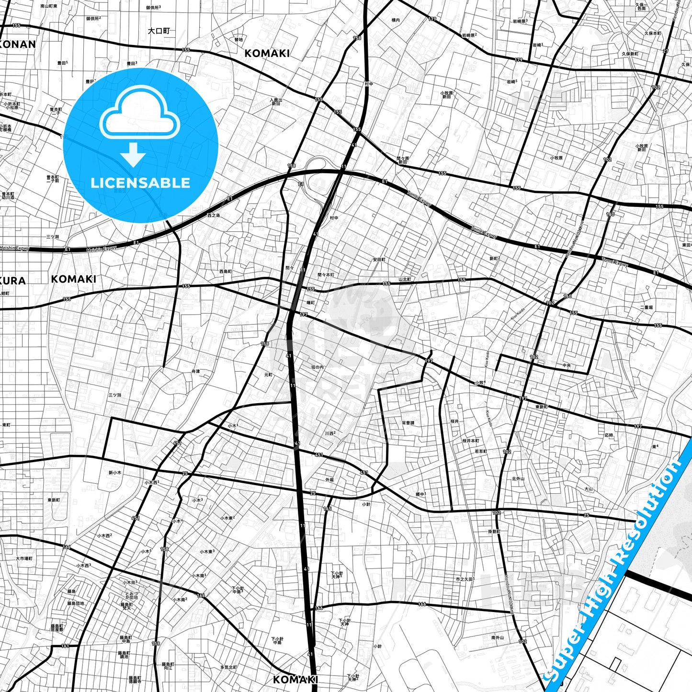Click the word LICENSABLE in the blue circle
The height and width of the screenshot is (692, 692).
point(140,183)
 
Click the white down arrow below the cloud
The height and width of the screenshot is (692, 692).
point(133,154)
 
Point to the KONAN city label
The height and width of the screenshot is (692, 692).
point(17,45)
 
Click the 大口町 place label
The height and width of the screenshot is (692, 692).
point(159,31)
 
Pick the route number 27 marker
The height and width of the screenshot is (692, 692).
point(666,51)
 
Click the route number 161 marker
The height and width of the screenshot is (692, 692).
point(65,646)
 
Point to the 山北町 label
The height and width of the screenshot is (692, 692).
point(405,279)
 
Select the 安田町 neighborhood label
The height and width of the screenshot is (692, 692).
point(379,260)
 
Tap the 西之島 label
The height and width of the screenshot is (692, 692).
point(214,216)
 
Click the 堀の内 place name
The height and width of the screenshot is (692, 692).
point(318,367)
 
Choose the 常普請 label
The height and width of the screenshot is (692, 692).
point(408,423)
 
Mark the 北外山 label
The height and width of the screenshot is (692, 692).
point(518,478)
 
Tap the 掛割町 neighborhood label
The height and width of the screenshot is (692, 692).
point(494,532)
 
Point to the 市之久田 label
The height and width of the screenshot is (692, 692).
point(465,579)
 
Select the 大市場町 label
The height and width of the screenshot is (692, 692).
point(24,558)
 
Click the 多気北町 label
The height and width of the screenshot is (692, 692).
point(229,667)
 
